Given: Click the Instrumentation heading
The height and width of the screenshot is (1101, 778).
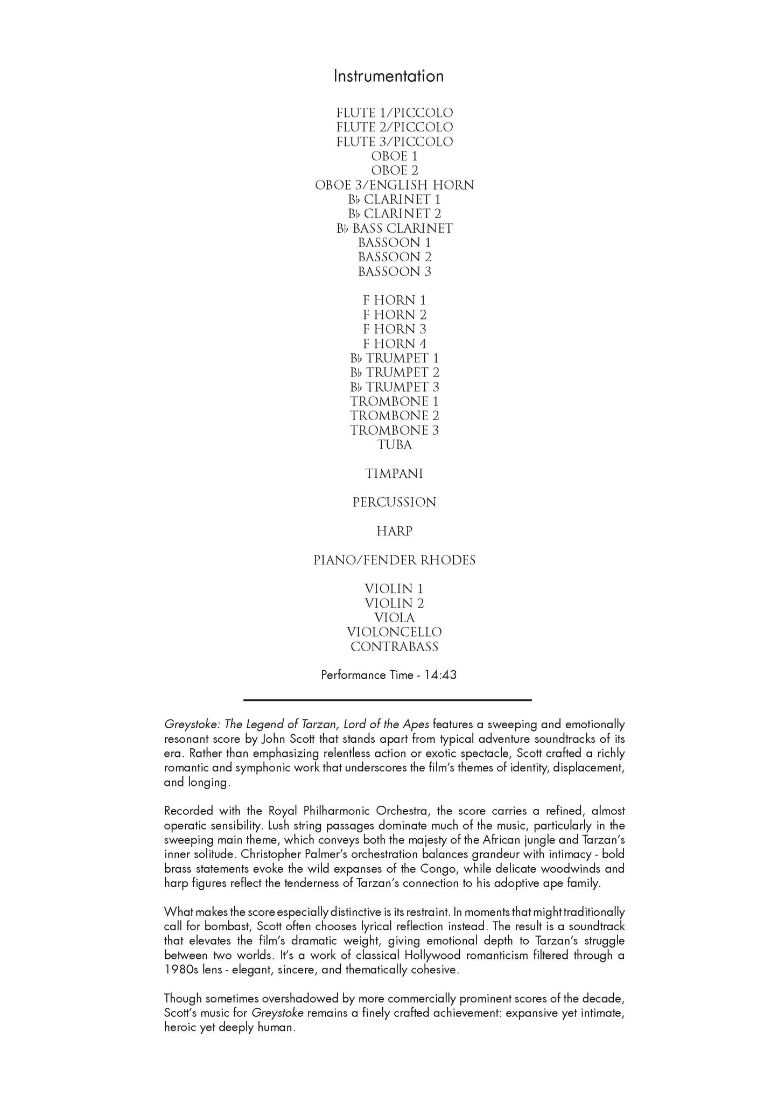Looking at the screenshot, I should click(x=388, y=76).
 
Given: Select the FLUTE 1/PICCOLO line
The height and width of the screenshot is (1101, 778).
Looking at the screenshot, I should click(x=394, y=113).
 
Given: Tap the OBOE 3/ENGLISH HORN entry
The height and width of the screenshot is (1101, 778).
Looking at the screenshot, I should click(x=394, y=185).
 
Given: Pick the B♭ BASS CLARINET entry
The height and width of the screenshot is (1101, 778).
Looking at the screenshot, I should click(x=394, y=228).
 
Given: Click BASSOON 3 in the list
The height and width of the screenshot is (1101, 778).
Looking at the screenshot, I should click(x=394, y=272).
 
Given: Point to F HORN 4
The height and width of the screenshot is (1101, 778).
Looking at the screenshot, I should click(x=394, y=344).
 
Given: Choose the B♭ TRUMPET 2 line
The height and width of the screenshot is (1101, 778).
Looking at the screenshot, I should click(x=394, y=373).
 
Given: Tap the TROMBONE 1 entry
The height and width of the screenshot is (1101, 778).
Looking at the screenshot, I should click(x=394, y=402).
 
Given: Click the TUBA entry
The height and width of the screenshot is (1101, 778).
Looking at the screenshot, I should click(x=394, y=445).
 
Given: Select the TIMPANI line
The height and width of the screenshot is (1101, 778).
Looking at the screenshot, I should click(x=394, y=474).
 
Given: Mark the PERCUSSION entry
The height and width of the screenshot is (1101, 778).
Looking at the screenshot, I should click(x=394, y=503).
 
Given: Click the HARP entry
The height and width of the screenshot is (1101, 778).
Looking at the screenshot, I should click(x=394, y=532).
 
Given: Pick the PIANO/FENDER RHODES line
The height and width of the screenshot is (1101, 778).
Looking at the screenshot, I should click(x=394, y=561).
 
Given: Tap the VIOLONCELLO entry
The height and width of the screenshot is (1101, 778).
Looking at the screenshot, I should click(x=394, y=632).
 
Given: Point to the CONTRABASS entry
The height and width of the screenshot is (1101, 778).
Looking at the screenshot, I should click(x=394, y=647).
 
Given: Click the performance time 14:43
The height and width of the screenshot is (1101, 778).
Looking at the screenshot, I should click(x=440, y=675).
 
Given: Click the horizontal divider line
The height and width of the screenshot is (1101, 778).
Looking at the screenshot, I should click(x=387, y=700).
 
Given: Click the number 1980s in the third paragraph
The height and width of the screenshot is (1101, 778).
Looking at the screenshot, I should click(x=181, y=970).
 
